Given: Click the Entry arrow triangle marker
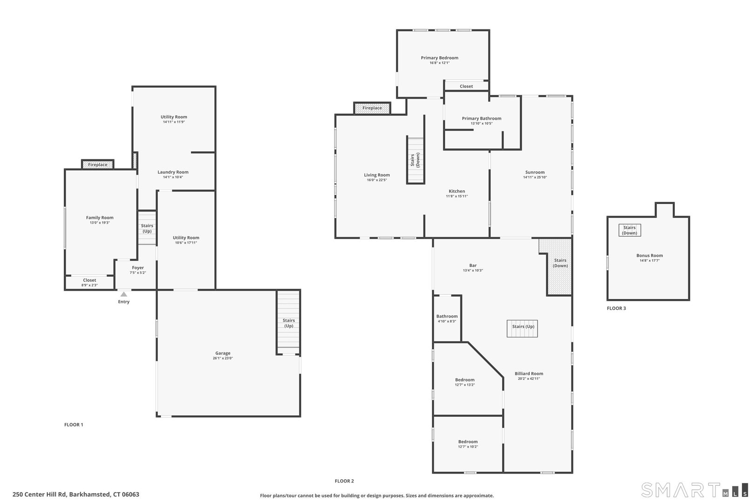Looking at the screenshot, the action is click(x=124, y=294).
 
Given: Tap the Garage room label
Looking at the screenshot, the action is click(x=223, y=353).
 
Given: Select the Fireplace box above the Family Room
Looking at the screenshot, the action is click(x=98, y=164).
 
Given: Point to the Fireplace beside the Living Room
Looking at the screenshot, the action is click(x=372, y=108).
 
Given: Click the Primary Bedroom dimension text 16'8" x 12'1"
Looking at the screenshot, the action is click(x=440, y=63).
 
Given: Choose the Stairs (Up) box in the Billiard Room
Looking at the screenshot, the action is click(x=522, y=328).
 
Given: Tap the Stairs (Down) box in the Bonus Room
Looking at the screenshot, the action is click(x=629, y=230).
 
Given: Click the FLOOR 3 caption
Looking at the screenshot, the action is click(x=616, y=308).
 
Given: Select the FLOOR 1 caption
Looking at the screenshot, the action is click(x=74, y=424).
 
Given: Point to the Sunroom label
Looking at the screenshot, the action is click(x=535, y=172).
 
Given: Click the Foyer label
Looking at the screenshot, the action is click(x=138, y=267).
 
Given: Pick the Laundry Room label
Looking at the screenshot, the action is click(x=173, y=172).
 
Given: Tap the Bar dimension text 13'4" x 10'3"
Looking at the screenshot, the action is click(x=473, y=270).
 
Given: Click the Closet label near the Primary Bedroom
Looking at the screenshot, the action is click(x=466, y=86).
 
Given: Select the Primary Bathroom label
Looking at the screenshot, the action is click(x=482, y=118).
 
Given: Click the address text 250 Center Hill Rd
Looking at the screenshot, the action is click(x=40, y=494).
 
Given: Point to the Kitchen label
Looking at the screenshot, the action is click(x=457, y=191).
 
